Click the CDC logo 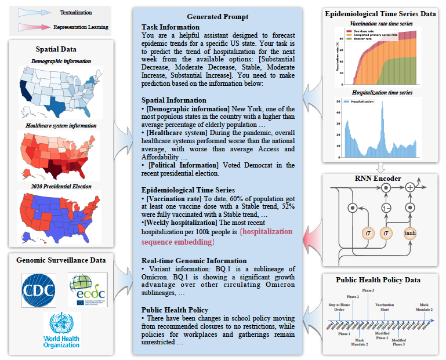point(38,289)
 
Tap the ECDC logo point(87,289)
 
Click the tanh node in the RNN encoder point(410,232)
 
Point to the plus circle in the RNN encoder point(410,187)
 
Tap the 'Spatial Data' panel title point(61,49)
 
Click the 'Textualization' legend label point(75,12)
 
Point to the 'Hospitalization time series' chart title point(381,93)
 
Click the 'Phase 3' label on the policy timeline point(368,290)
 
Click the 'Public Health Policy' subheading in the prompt point(176,310)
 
